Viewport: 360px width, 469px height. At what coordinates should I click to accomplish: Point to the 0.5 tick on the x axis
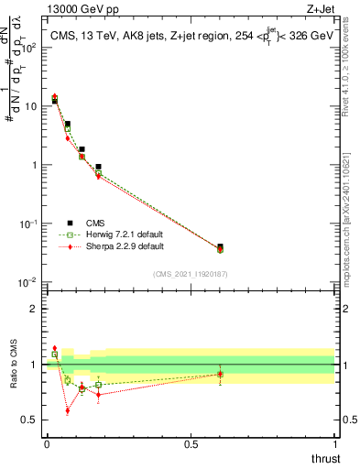[191, 444]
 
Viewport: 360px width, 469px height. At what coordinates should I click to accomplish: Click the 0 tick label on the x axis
[46, 444]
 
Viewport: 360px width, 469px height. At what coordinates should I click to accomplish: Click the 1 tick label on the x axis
[334, 444]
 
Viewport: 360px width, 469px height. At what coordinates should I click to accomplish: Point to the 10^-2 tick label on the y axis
[28, 282]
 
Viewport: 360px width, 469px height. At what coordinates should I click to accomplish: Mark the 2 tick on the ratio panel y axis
[37, 309]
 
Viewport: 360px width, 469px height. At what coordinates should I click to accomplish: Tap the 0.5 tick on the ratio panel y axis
[32, 420]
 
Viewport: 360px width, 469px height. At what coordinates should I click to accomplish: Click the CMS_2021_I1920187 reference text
[190, 274]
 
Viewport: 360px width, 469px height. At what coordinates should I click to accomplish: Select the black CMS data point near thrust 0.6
[220, 247]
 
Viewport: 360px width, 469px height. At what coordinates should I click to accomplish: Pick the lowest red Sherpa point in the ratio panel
[68, 410]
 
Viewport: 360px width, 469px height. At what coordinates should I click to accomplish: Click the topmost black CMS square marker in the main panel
[54, 100]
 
